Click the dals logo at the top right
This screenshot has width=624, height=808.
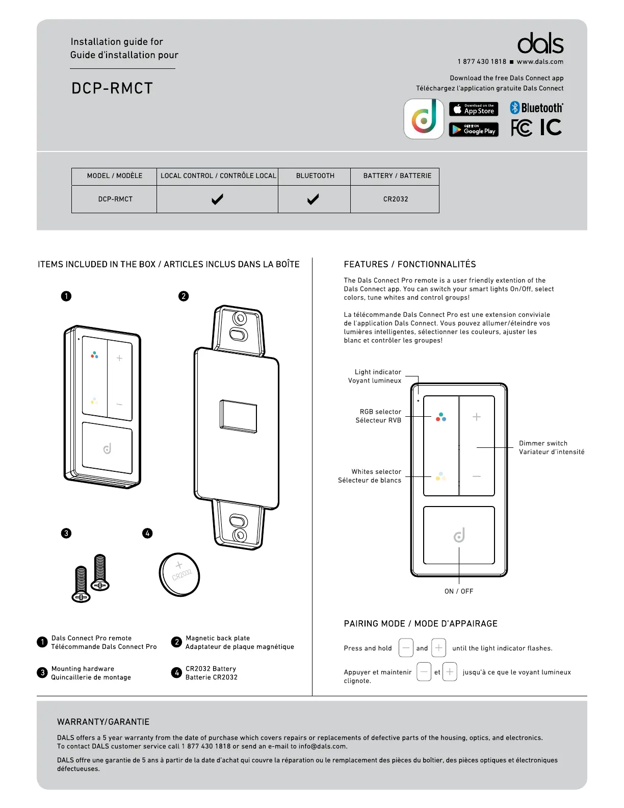540,44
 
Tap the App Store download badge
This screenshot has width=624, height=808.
474,109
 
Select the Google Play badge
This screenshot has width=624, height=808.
474,130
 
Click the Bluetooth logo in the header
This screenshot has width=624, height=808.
536,108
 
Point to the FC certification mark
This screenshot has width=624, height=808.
522,128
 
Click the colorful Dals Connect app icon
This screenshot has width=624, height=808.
424,119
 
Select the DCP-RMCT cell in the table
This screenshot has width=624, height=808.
115,199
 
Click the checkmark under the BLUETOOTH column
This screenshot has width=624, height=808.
313,199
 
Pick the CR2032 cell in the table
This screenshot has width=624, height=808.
396,199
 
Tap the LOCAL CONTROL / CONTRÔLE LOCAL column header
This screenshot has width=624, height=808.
218,175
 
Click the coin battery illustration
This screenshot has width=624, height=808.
179,574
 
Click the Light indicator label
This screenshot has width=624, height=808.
377,372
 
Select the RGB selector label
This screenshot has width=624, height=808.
380,412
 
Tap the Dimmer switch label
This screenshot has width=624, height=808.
543,443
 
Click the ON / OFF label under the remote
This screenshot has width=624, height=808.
459,591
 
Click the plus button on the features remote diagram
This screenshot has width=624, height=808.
477,417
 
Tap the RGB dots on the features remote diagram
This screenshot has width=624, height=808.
441,417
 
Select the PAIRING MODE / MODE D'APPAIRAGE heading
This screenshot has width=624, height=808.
421,623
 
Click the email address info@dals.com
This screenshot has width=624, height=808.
322,746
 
